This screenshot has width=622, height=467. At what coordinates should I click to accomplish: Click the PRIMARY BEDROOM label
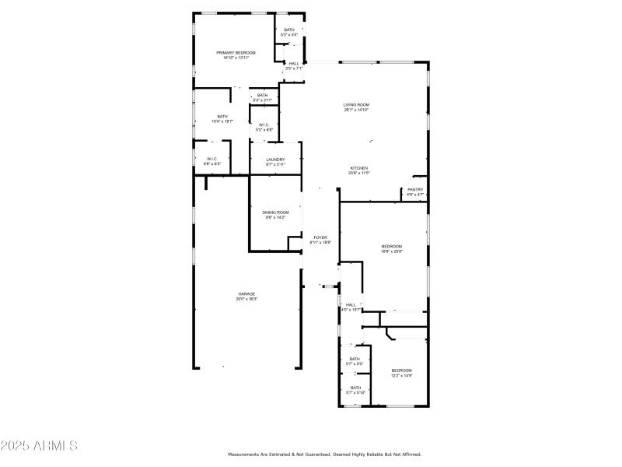click(235, 52)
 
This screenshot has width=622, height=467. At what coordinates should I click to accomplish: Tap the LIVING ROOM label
click(356, 104)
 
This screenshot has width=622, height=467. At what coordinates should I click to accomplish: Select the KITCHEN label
click(358, 168)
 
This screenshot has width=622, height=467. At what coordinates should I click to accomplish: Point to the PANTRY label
click(415, 189)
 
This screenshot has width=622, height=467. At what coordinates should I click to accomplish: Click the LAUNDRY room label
click(275, 159)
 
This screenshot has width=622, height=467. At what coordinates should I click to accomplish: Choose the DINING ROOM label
click(275, 212)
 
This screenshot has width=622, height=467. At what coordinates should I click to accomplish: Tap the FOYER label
click(320, 237)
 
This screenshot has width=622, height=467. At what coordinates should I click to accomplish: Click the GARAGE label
click(246, 293)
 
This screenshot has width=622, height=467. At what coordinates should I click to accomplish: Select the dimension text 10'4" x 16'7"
click(222, 121)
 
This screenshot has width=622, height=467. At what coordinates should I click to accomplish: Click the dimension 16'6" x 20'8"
click(391, 251)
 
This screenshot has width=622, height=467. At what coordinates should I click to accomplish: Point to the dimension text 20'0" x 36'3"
click(246, 299)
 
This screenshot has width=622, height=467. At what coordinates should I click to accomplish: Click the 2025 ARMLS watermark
click(39, 446)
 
